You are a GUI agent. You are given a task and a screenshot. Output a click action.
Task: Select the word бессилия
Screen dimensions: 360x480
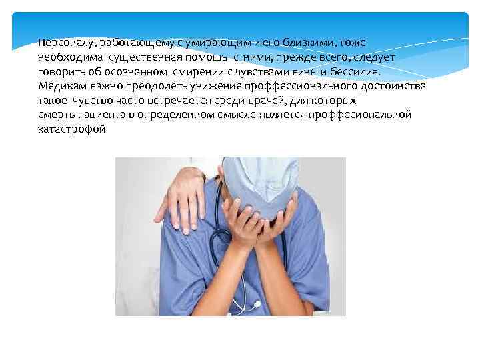[359, 72]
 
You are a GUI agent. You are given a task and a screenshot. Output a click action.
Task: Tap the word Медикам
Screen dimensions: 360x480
[61, 87]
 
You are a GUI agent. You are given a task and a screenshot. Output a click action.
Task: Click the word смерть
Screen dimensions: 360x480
[56, 115]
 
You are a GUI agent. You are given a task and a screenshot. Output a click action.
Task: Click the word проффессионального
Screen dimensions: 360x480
[287, 87]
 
